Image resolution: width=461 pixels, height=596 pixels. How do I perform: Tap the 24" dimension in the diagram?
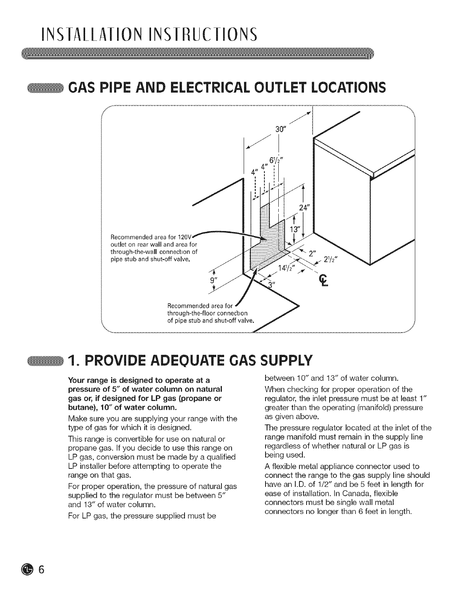[303, 208]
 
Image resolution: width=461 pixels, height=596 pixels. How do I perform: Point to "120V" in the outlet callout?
[186, 237]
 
